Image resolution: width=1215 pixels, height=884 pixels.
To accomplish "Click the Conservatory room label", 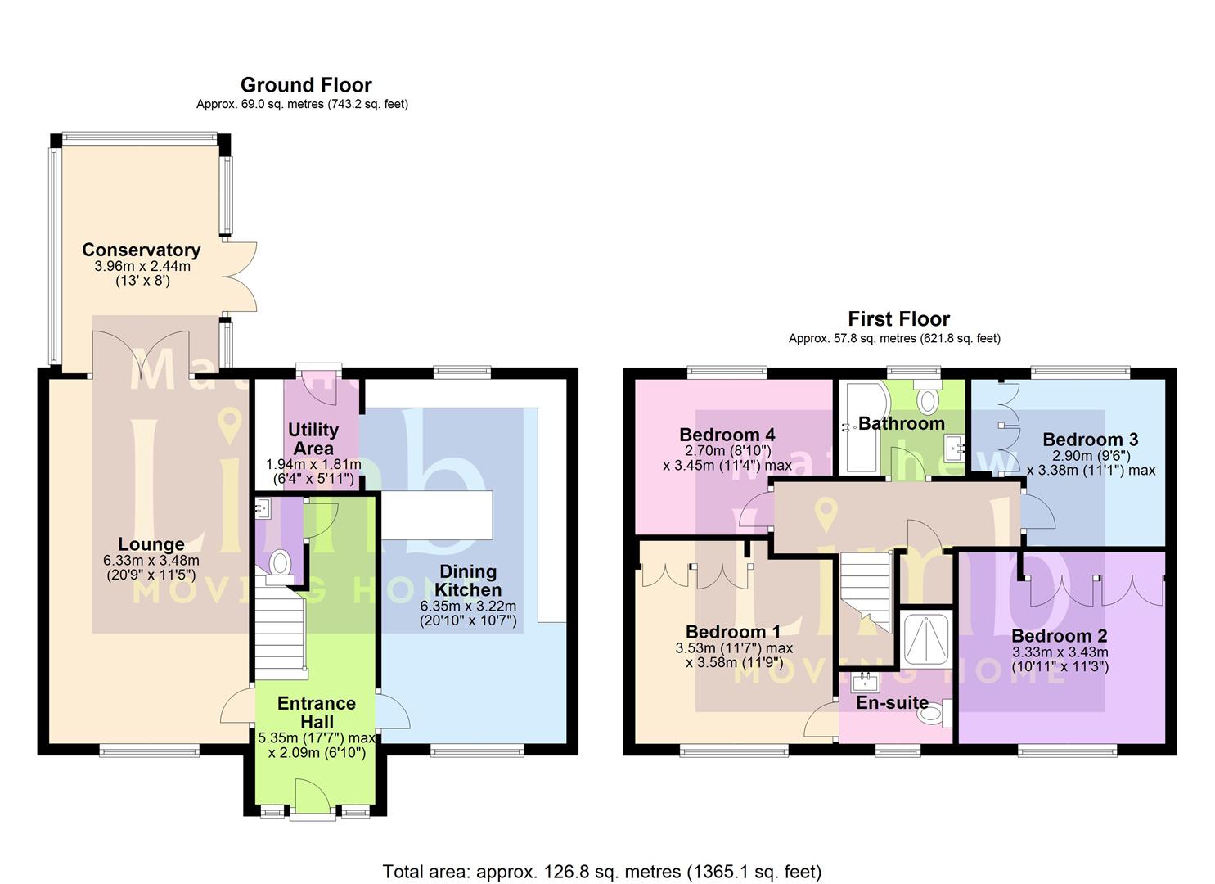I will (x=141, y=250).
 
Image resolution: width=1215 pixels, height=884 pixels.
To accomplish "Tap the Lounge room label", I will (x=151, y=544).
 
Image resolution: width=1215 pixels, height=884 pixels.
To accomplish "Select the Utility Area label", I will (x=313, y=439).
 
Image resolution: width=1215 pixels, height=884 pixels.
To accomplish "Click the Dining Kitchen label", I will (x=468, y=580).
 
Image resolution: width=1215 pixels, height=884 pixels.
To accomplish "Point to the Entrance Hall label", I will (x=316, y=712).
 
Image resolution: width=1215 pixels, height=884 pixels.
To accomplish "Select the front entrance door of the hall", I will (x=312, y=797).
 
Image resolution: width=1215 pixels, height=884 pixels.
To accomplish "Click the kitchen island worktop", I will (x=438, y=515).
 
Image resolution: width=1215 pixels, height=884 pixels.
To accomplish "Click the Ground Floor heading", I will (x=306, y=85).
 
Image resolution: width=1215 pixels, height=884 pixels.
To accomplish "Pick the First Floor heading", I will (x=898, y=318).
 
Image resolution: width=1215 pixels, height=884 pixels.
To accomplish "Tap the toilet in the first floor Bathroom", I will (x=928, y=398).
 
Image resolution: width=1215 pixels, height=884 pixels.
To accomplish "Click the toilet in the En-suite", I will (x=932, y=714).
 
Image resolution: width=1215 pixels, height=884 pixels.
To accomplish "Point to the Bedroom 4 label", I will (x=727, y=435).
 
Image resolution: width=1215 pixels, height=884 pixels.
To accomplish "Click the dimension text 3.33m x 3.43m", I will (x=1060, y=652).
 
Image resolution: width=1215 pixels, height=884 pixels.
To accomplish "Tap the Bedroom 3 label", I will (x=1090, y=440).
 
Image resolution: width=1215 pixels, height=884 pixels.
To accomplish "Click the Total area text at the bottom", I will (x=601, y=872).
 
